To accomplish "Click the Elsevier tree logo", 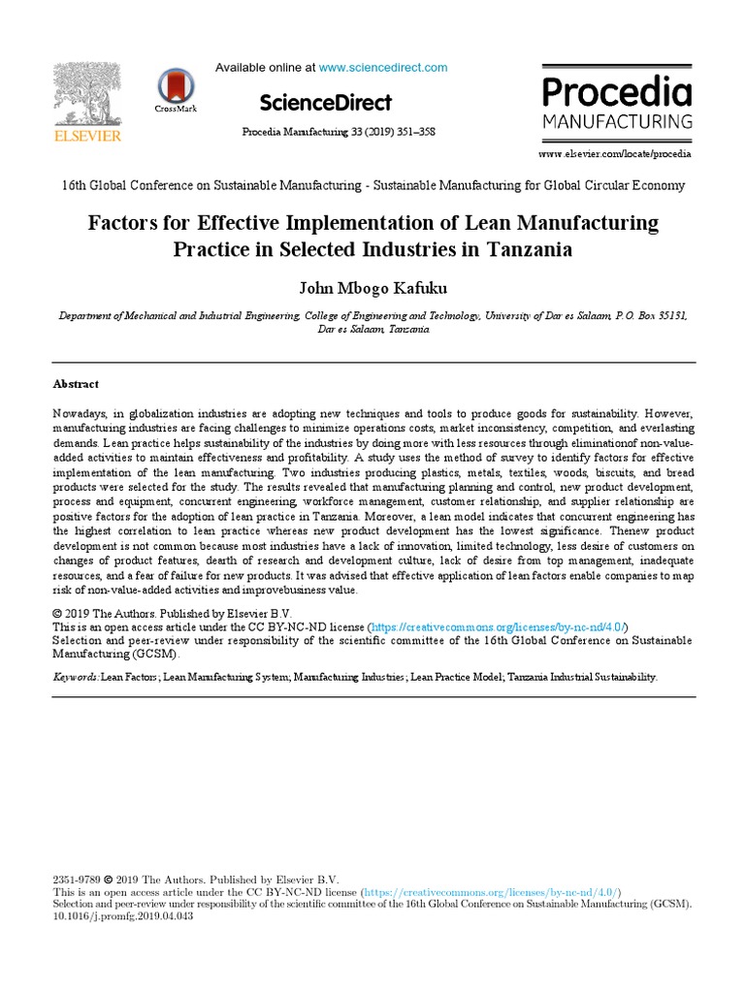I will pyautogui.click(x=86, y=94).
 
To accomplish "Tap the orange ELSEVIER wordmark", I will pyautogui.click(x=87, y=137).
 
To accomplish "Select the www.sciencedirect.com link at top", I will pyautogui.click(x=383, y=68).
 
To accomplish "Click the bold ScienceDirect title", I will pyautogui.click(x=326, y=103).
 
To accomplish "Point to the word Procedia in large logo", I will pyautogui.click(x=617, y=93).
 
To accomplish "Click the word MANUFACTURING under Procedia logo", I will pyautogui.click(x=617, y=122).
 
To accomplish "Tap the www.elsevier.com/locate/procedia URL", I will pyautogui.click(x=615, y=153).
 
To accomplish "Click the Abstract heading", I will pyautogui.click(x=76, y=384).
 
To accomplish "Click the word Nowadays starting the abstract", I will pyautogui.click(x=82, y=413).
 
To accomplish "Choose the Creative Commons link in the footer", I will pyautogui.click(x=491, y=891).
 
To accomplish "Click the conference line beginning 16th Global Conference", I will pyautogui.click(x=372, y=185).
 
